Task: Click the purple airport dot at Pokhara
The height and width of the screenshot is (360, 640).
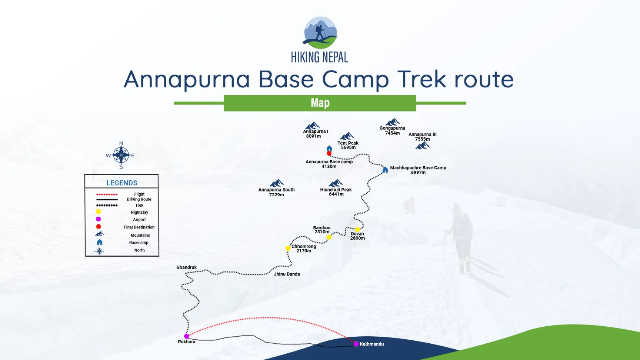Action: point(187,336)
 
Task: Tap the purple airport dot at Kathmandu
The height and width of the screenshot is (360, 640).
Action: point(356,344)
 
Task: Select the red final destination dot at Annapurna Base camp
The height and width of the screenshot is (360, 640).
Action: point(329,153)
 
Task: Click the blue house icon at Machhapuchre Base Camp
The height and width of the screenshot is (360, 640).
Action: point(385,170)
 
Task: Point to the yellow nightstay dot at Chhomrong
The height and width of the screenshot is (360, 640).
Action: point(288,248)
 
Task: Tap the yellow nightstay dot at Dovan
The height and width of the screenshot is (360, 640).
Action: point(357,229)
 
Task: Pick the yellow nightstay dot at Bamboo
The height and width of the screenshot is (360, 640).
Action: point(329,237)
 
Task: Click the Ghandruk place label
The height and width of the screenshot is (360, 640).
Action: point(186,267)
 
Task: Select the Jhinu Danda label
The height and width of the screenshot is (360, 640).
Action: point(287,274)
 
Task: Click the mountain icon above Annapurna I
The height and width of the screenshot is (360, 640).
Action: point(312,126)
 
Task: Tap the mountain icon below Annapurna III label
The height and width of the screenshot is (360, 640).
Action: point(422,146)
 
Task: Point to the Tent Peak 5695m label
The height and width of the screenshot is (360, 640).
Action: point(348,145)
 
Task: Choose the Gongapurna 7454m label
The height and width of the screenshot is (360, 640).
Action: point(392,130)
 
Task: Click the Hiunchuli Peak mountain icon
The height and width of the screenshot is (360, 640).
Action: point(336,183)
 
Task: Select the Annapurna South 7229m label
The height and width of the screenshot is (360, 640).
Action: point(276,192)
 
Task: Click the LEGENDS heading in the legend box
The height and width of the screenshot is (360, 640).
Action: point(121,183)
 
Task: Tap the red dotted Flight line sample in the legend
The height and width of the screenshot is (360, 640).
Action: point(107,194)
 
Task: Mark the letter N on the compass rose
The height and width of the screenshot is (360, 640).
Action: point(121,143)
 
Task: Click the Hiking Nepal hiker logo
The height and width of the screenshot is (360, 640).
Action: point(320,33)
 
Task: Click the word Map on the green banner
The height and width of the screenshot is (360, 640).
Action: point(320,103)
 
